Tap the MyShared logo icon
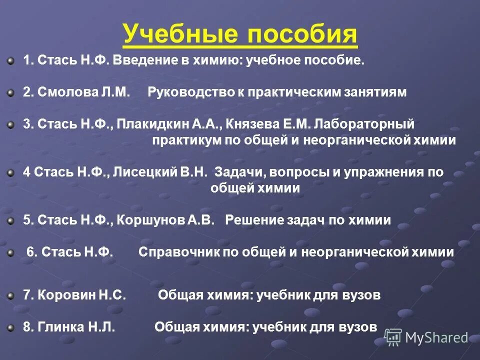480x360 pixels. [393, 337]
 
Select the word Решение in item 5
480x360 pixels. [250, 220]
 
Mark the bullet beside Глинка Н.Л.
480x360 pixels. [10, 327]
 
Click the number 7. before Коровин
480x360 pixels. [28, 295]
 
